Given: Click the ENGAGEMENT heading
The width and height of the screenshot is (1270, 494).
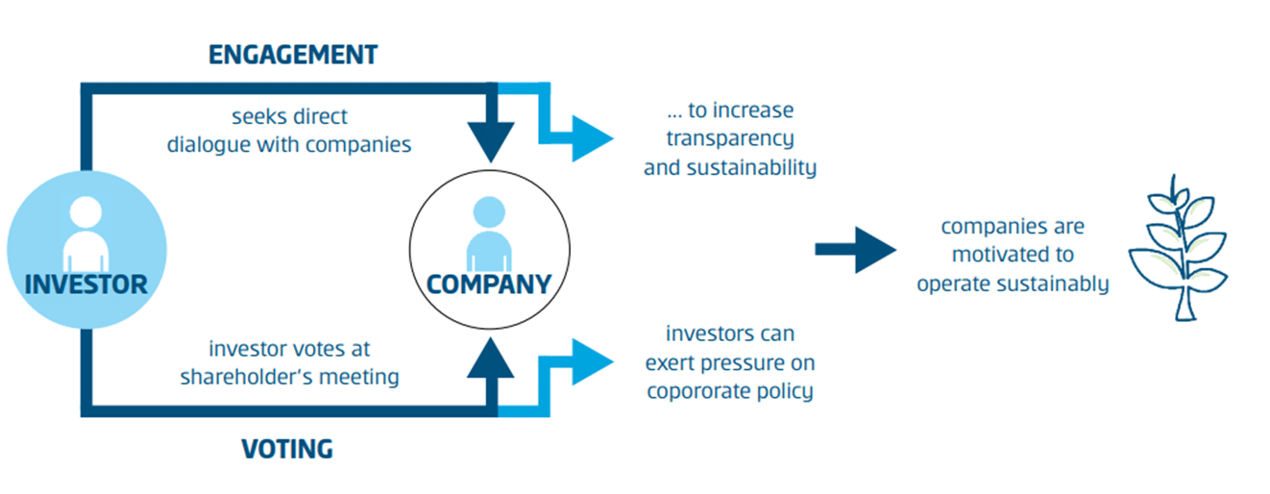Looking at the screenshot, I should pos(293,55).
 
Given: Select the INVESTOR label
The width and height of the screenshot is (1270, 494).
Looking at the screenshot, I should pos(86,284).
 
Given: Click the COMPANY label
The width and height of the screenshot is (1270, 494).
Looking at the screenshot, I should pos(489,284).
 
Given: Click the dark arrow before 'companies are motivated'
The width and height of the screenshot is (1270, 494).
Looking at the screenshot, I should pos(855,250).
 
